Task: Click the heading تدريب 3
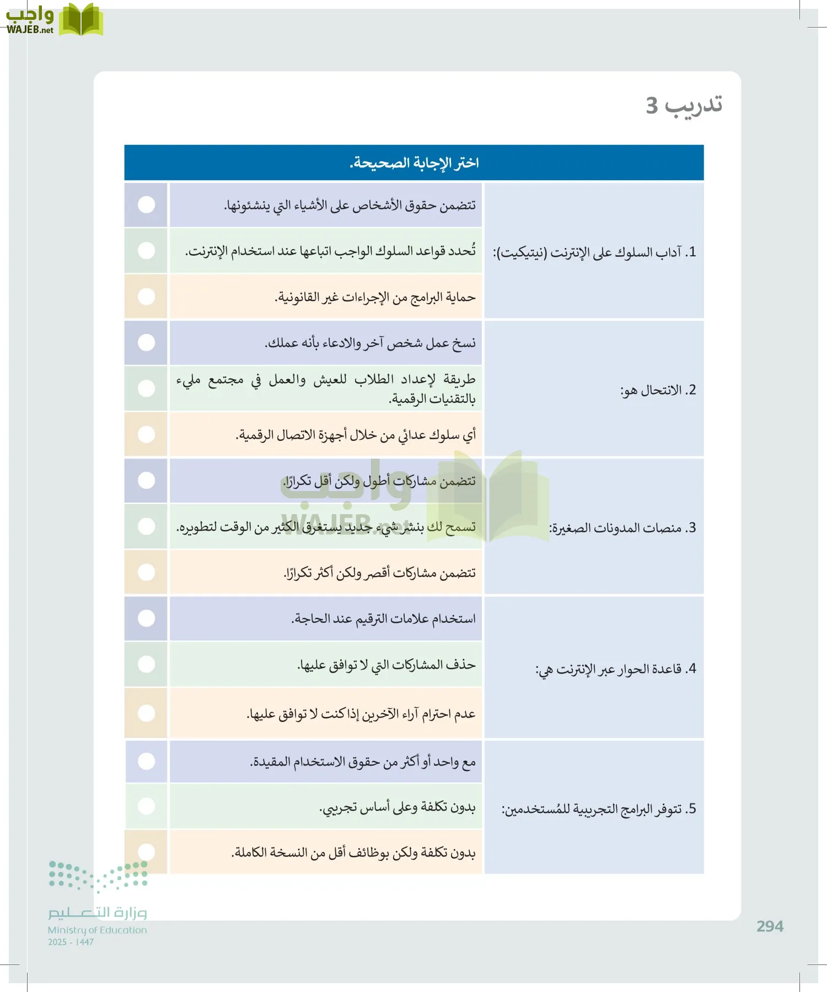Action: pyautogui.click(x=684, y=105)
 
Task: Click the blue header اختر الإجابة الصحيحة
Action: pyautogui.click(x=414, y=163)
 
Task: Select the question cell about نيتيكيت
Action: pyautogui.click(x=594, y=252)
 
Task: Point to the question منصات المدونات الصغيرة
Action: pyautogui.click(x=622, y=528)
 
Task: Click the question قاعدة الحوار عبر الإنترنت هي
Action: pyautogui.click(x=616, y=669)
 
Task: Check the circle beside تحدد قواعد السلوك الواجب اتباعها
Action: pyautogui.click(x=146, y=251)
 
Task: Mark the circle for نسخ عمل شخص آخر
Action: pyautogui.click(x=146, y=342)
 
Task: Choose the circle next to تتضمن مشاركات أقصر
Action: pyautogui.click(x=146, y=572)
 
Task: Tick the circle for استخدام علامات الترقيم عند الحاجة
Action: pyautogui.click(x=146, y=618)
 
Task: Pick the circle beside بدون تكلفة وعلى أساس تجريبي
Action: pyautogui.click(x=146, y=806)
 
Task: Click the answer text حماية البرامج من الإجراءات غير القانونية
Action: pyautogui.click(x=375, y=298)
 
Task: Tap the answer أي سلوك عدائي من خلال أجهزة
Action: pyautogui.click(x=356, y=435)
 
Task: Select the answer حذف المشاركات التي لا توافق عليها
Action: pyautogui.click(x=386, y=665)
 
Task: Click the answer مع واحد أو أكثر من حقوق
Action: pyautogui.click(x=363, y=762)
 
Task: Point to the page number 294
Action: pyautogui.click(x=770, y=926)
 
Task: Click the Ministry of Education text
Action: pyautogui.click(x=97, y=930)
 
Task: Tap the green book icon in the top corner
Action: pyautogui.click(x=81, y=20)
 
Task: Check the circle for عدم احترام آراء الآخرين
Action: pyautogui.click(x=146, y=713)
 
